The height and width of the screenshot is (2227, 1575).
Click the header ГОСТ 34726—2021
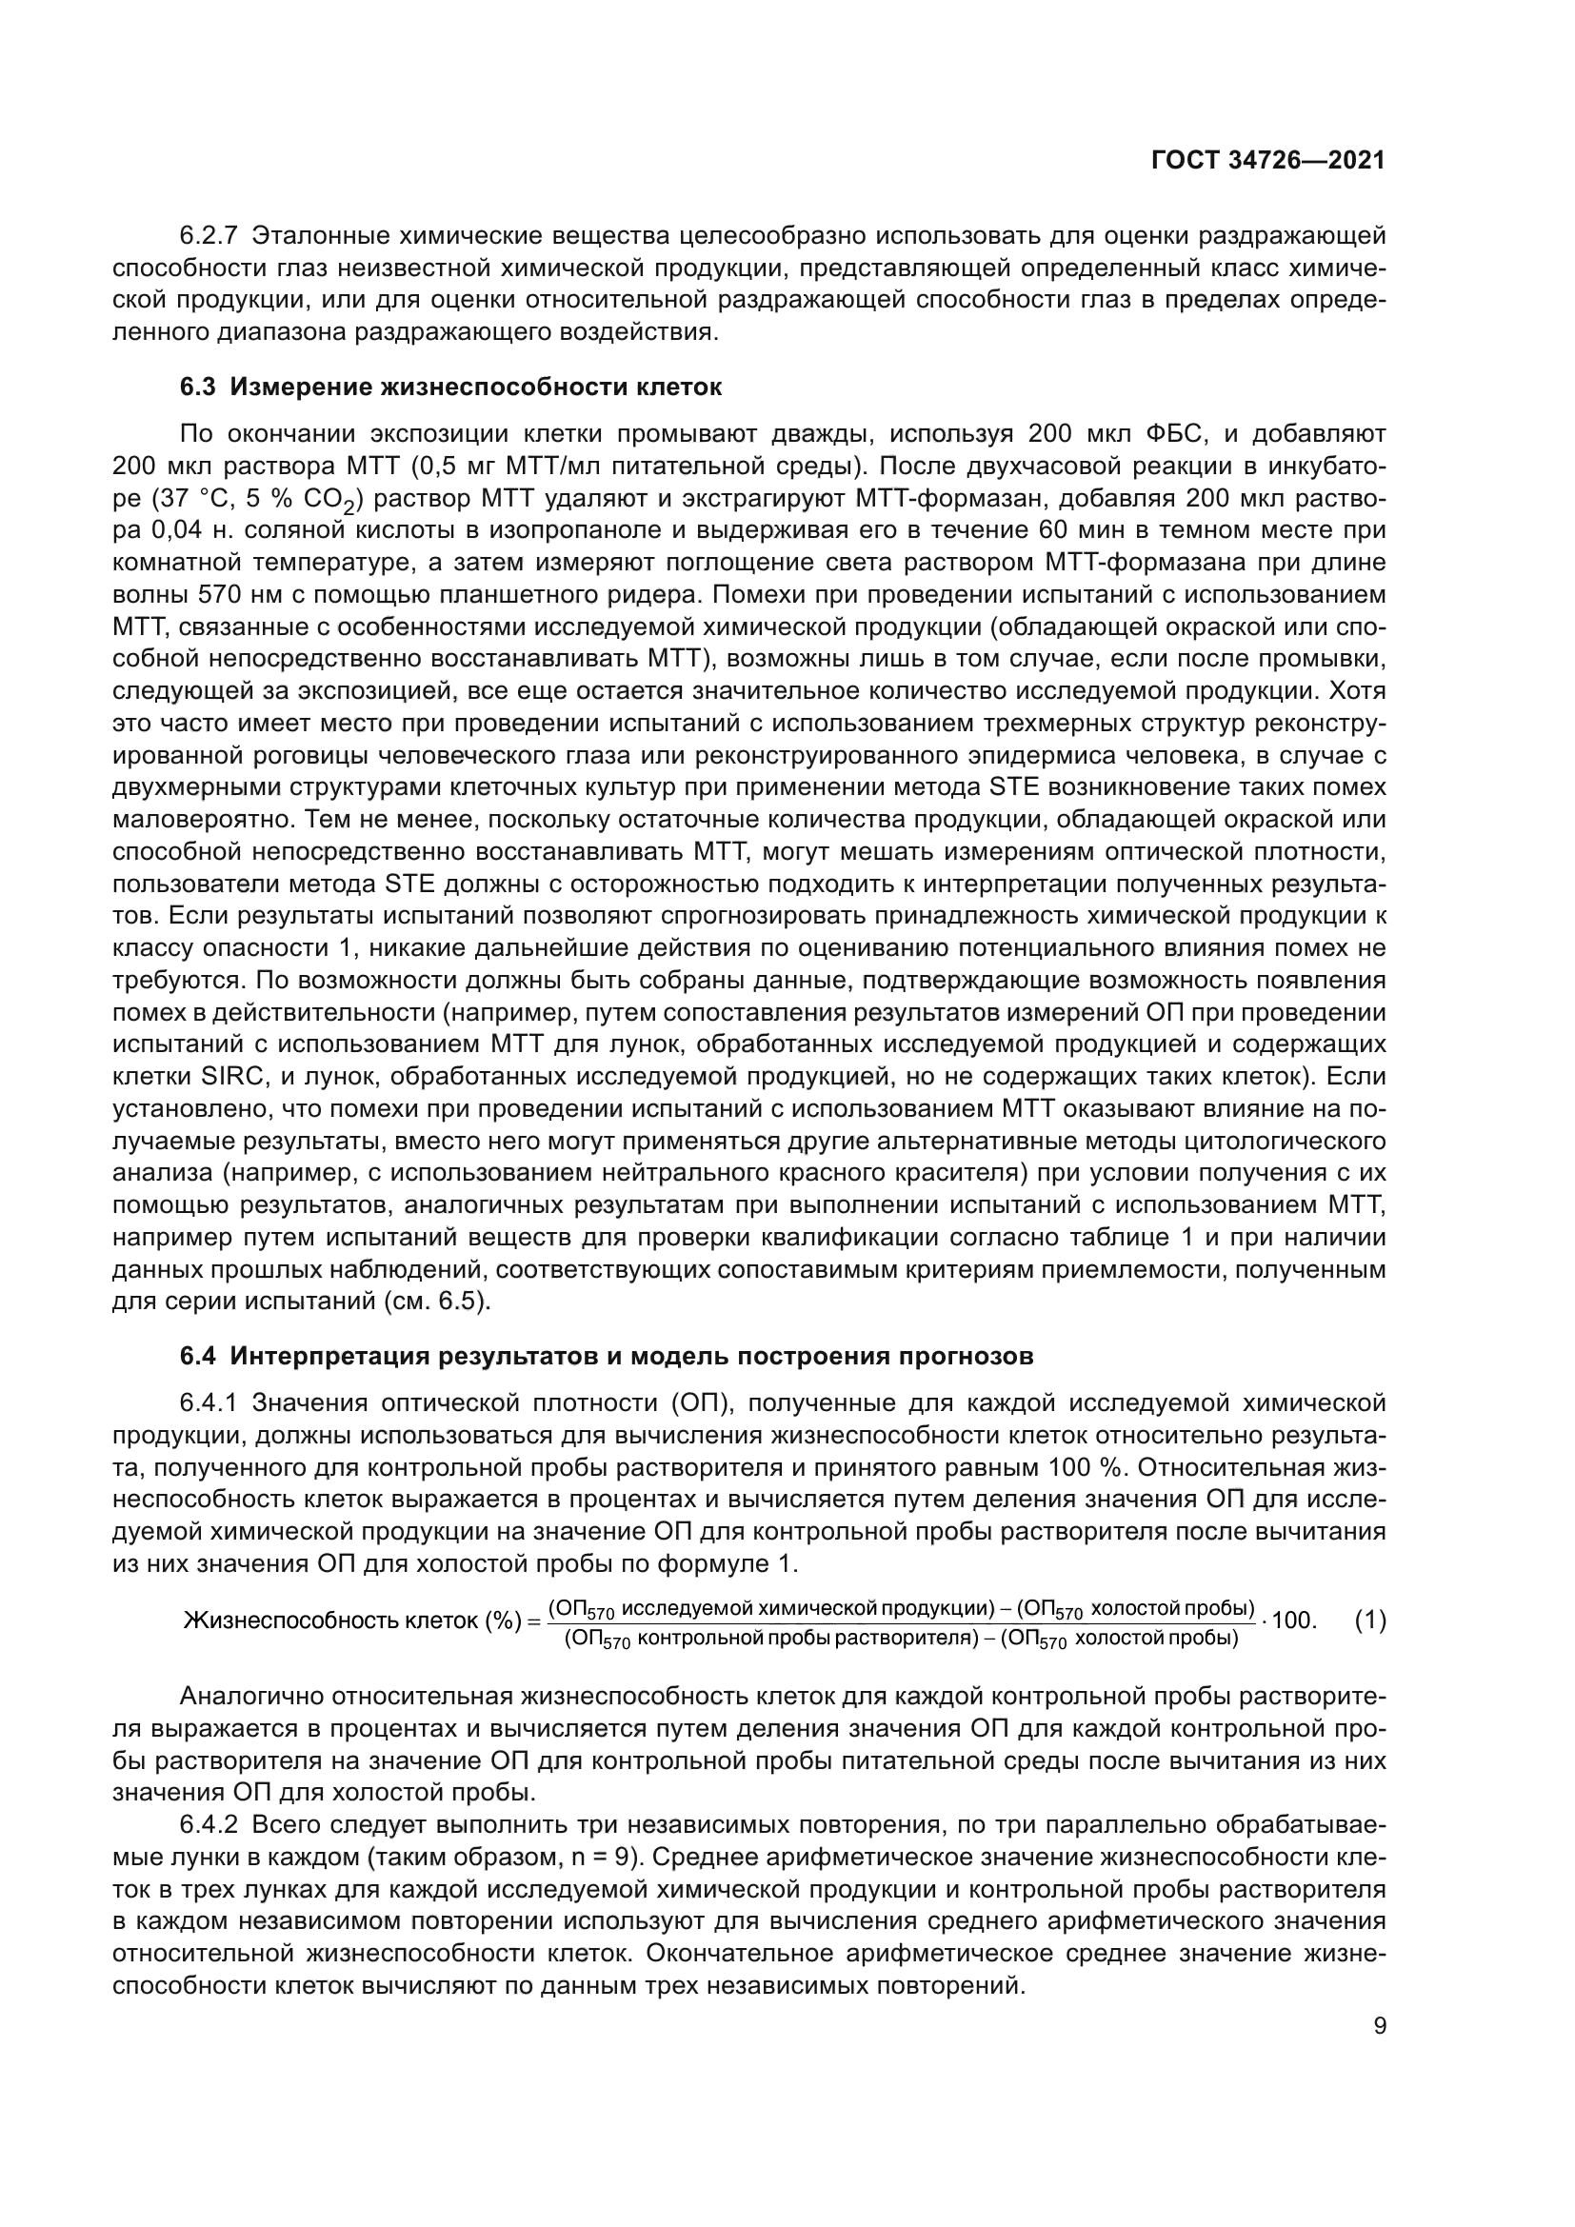coord(1267,161)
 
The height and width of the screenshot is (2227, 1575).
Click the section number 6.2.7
coord(209,237)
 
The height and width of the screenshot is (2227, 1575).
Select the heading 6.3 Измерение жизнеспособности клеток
coord(451,388)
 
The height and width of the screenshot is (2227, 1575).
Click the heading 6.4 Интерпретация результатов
coord(607,1356)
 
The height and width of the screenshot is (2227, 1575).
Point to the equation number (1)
coord(1369,1620)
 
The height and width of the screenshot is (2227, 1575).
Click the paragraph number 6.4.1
coord(209,1403)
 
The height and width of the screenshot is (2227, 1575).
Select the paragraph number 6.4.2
coord(209,1825)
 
